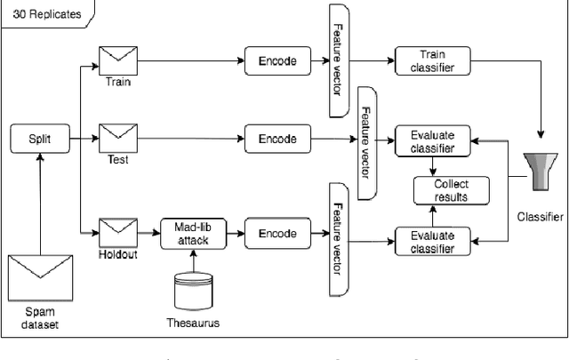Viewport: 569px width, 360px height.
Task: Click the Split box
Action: click(40, 139)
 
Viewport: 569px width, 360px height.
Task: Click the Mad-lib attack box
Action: click(191, 234)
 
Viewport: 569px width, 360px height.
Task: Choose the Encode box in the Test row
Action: click(276, 139)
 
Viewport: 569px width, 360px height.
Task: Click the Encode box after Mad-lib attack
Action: click(276, 234)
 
